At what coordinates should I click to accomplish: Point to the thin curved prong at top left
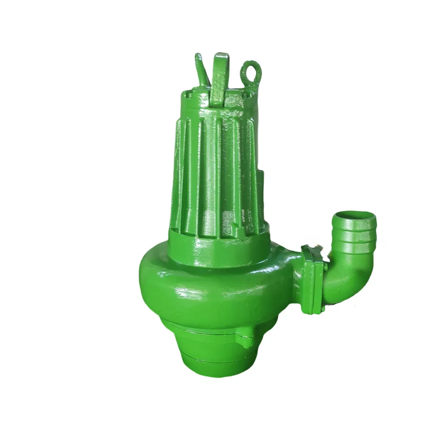[x=202, y=69]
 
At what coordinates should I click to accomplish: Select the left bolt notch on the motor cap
[x=187, y=95]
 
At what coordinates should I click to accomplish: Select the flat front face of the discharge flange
[x=314, y=280]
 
